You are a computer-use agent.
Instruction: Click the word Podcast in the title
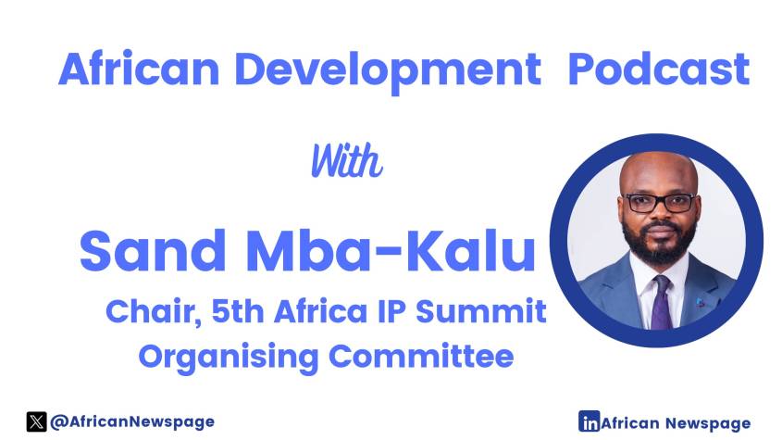coord(658,69)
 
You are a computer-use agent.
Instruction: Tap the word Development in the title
coord(388,71)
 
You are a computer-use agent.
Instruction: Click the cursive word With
coord(347,160)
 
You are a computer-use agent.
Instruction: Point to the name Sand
coord(153,250)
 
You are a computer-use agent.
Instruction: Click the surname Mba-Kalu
coord(391,250)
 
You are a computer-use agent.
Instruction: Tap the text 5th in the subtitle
coord(238,310)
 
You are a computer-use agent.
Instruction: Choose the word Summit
coord(481,310)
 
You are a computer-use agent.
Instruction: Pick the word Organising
coord(228,358)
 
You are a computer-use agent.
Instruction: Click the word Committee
coord(421,356)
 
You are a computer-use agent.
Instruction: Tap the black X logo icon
coord(36,421)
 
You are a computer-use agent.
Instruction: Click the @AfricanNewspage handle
coord(132,422)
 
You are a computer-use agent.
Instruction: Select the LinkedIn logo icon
coord(589,421)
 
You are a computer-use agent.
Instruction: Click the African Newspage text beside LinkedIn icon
coord(676,423)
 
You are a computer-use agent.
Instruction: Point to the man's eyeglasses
coord(659,202)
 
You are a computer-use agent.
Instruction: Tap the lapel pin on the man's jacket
coord(701,302)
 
